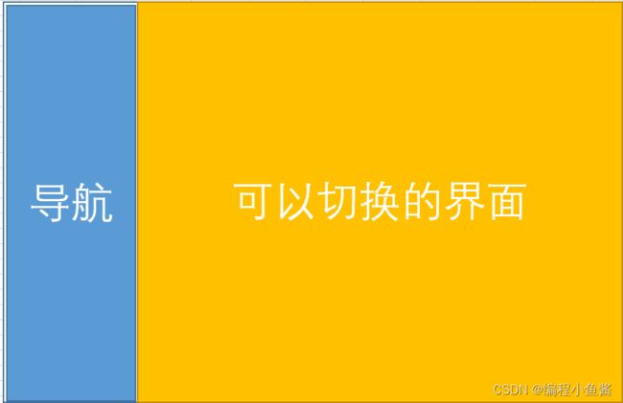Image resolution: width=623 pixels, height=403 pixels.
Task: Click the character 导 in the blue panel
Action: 51,203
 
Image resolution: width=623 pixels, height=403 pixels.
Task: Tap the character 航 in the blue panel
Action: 93,203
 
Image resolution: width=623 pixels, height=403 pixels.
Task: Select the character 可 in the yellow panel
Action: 253,201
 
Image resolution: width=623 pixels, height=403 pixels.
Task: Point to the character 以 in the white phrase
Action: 295,201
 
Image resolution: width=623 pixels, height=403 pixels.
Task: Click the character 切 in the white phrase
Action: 337,201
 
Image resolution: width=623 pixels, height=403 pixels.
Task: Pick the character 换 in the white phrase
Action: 379,201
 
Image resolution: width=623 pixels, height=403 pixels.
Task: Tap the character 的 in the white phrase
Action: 421,201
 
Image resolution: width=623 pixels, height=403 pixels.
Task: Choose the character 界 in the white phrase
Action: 464,201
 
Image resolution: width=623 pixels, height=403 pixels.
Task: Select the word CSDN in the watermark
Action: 510,390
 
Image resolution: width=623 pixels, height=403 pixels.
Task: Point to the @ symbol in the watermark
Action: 538,390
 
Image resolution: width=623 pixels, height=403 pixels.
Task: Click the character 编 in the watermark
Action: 551,390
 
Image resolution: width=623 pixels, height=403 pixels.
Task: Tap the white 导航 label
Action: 72,203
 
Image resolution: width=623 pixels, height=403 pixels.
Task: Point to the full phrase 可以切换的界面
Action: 380,201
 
